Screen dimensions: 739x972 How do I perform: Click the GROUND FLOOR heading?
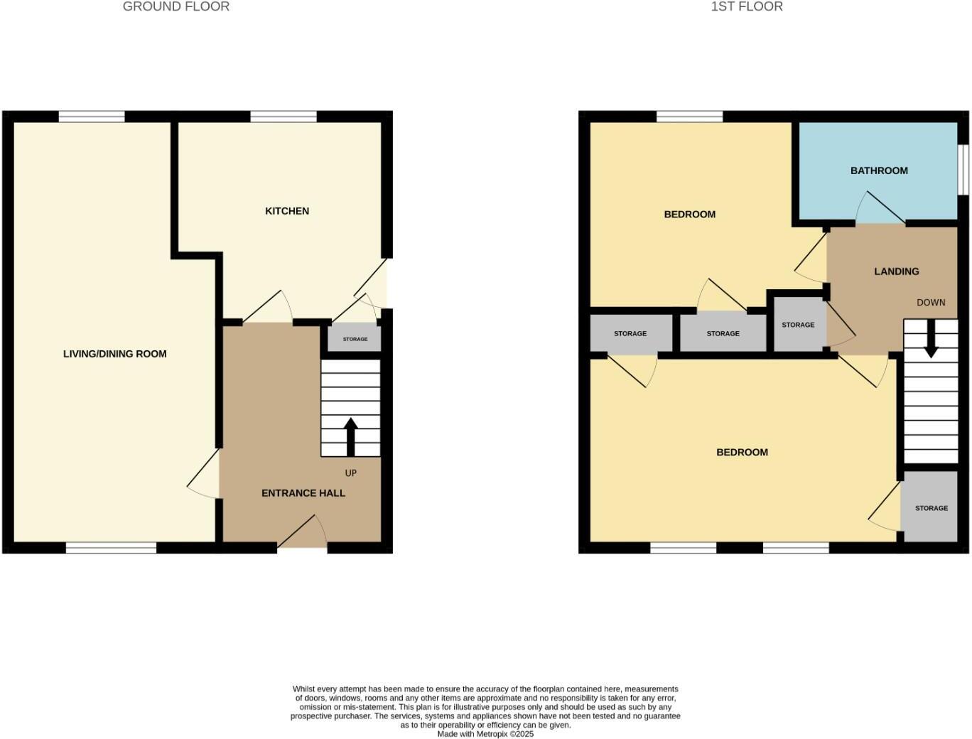click(175, 7)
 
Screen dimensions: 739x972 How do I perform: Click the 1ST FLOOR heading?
click(746, 7)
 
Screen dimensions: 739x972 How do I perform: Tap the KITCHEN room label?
click(286, 211)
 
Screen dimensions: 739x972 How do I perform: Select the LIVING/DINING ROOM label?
click(114, 354)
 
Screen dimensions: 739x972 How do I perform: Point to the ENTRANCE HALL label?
click(303, 493)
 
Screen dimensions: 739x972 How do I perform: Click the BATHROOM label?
click(879, 171)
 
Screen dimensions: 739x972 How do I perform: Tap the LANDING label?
click(896, 271)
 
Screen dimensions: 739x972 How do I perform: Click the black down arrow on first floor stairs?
click(930, 340)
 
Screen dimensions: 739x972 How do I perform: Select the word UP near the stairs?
click(350, 473)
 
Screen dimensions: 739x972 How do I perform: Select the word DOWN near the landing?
click(930, 303)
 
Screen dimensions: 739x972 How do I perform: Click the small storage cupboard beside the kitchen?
click(355, 339)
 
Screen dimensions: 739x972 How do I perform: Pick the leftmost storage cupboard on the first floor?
click(630, 333)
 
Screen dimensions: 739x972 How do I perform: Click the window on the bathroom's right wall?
click(963, 169)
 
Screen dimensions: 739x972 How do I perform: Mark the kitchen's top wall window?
click(283, 117)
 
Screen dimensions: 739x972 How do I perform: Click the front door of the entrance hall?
click(302, 546)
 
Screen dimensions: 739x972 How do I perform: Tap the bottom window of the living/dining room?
click(111, 548)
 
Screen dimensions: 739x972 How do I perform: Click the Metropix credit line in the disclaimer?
click(485, 734)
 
